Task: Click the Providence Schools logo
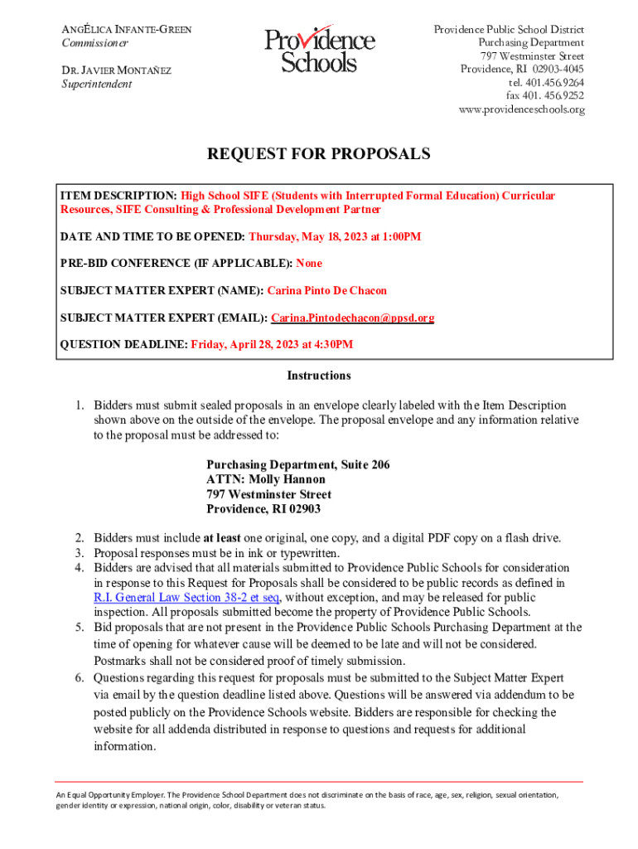click(x=319, y=50)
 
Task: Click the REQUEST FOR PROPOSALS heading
click(x=318, y=154)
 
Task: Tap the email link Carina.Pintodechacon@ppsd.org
click(x=353, y=318)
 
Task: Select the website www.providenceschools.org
click(x=521, y=109)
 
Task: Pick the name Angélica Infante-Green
click(x=127, y=30)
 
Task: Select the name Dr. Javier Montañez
click(x=117, y=70)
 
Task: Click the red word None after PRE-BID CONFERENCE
click(x=309, y=263)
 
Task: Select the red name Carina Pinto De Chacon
click(x=326, y=291)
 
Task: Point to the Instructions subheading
click(x=318, y=376)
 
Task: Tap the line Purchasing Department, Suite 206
click(x=297, y=464)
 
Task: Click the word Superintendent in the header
click(x=96, y=84)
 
